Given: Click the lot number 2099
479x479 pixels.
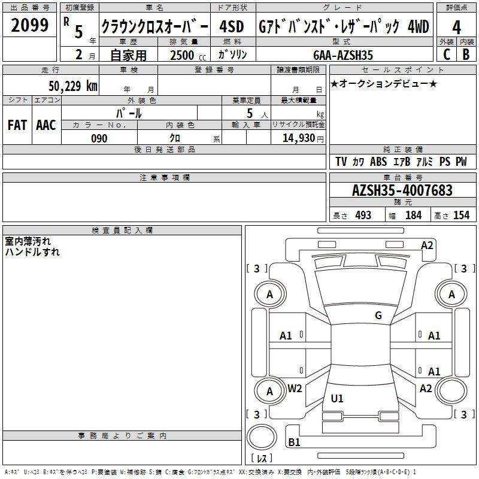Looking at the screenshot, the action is pos(29,25).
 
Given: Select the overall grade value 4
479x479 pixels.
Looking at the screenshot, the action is pos(456,28).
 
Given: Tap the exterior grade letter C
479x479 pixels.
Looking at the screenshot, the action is pos(447,54).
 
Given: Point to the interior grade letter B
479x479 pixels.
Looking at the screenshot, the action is pos(466,54).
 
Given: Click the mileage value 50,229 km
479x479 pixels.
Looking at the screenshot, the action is pos(73,86).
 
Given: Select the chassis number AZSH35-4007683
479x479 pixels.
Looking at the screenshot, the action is pos(402,190).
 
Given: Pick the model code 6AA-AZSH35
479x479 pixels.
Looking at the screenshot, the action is pos(343,55).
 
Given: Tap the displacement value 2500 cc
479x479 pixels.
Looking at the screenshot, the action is pos(188,55).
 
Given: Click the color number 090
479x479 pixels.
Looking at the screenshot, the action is pos(99,138).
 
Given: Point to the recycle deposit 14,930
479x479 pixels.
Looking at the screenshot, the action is pos(299,138).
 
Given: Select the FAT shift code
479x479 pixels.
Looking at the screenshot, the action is pos(17,125).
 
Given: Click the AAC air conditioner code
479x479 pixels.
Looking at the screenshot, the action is pos(46,125).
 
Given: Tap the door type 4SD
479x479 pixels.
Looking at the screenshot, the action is pos(232,27).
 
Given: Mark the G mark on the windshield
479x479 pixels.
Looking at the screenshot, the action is pos(378,316).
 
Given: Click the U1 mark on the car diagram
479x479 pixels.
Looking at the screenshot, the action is pos(337,398).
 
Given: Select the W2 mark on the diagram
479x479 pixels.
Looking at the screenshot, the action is pos(295,389).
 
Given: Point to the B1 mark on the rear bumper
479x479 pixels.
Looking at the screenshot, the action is pos(294,442).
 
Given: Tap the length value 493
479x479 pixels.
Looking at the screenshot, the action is pos(363,216).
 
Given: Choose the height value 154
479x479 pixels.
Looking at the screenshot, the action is pos(461,216).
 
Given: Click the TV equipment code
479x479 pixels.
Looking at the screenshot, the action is pos(341,162).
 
